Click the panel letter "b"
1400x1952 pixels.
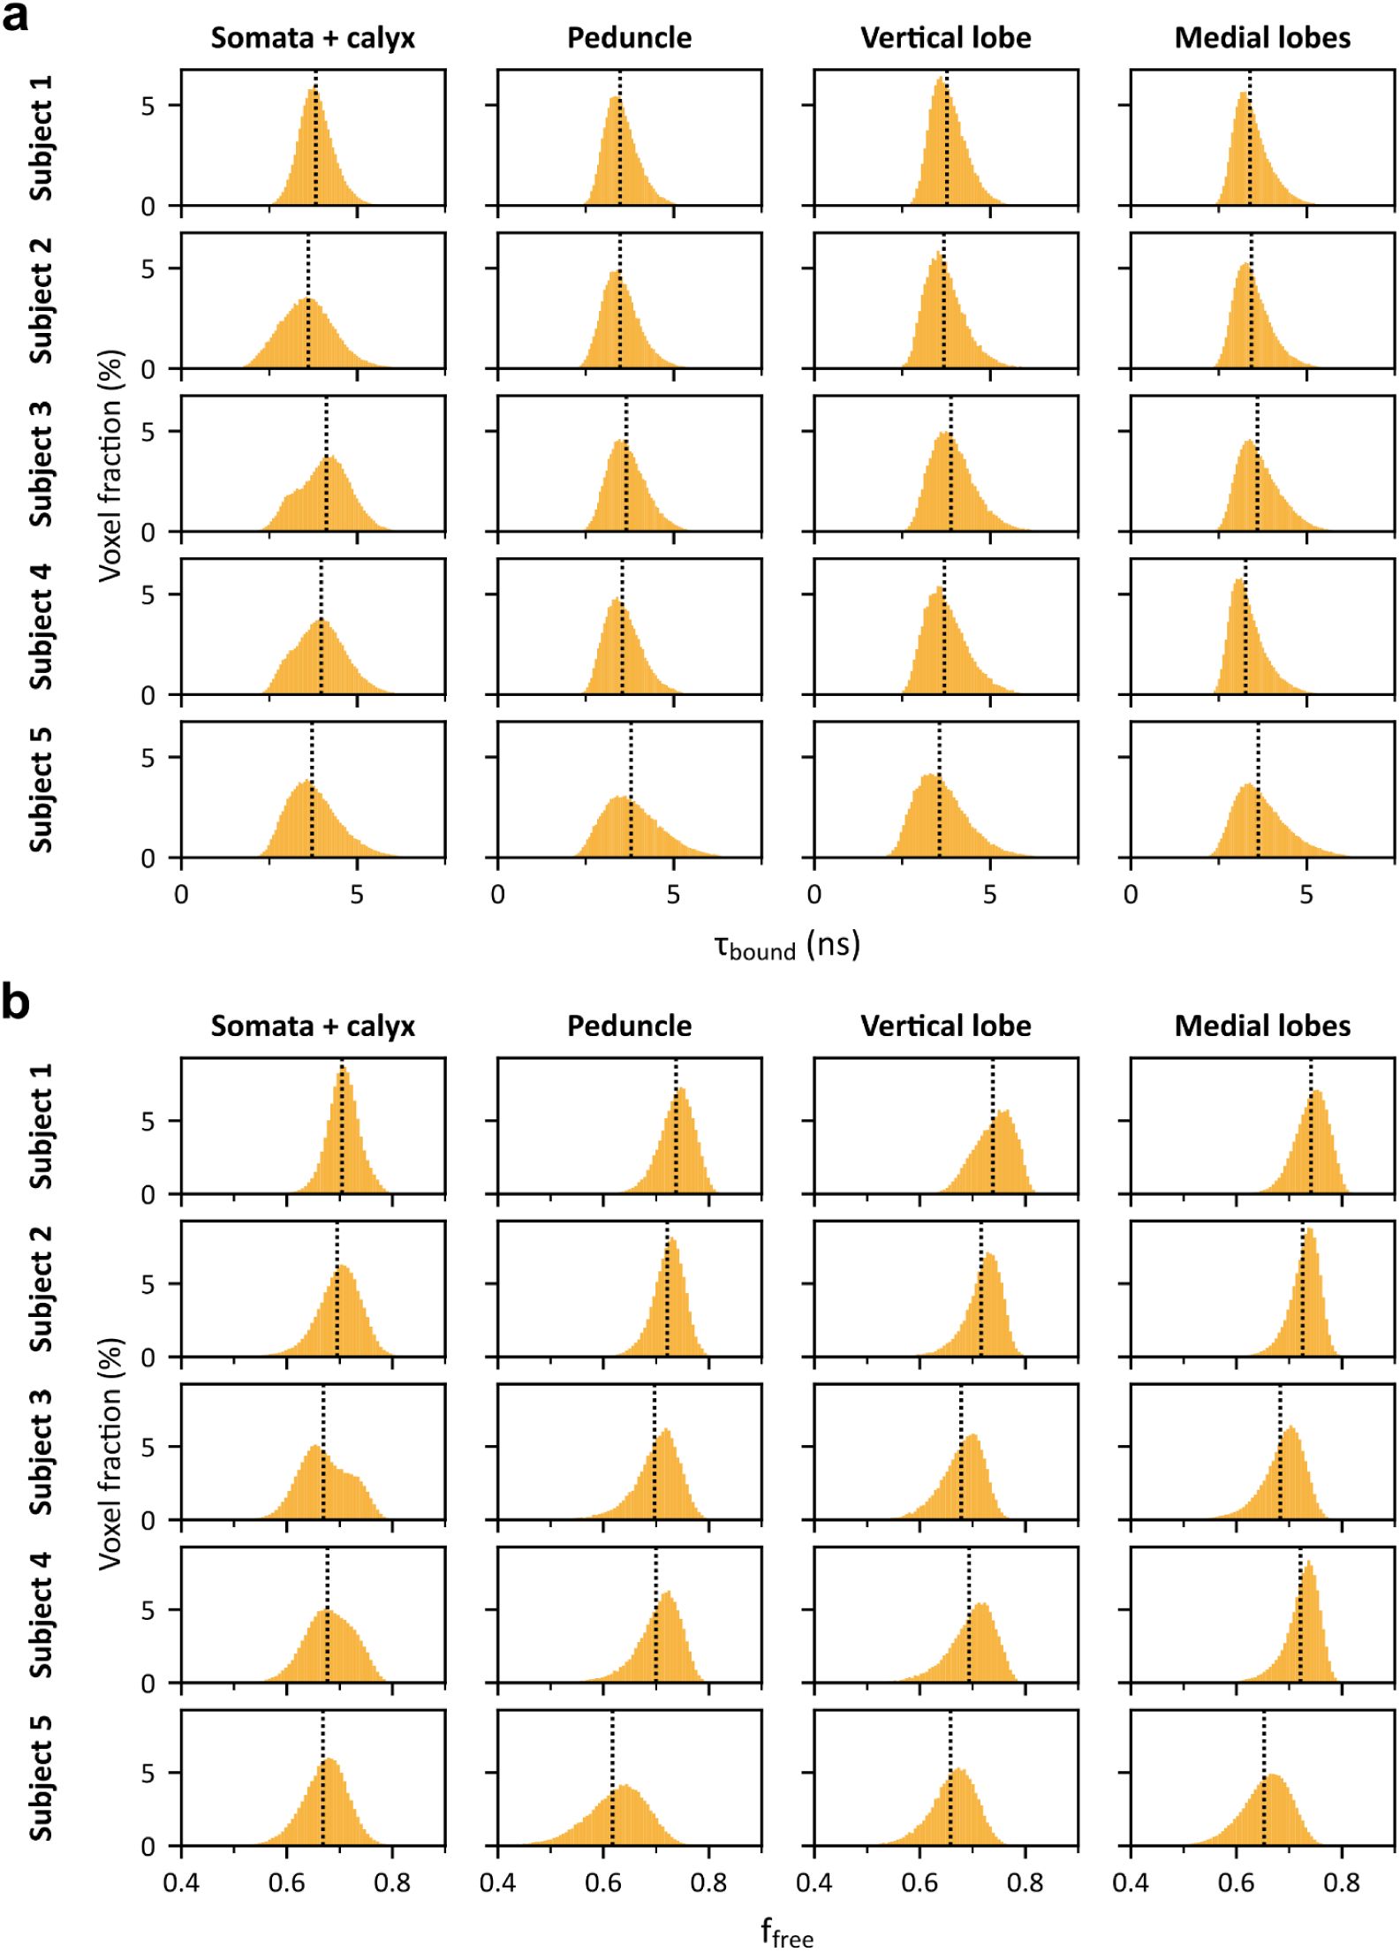click(16, 1002)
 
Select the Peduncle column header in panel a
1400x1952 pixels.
click(629, 38)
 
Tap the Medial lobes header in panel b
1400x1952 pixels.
click(1262, 1025)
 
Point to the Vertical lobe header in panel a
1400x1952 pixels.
click(945, 38)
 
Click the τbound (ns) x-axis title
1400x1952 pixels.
click(786, 946)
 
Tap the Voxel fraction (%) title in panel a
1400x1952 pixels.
click(110, 465)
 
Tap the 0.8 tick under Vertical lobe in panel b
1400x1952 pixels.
click(1025, 1882)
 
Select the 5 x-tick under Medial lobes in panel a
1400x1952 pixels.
click(1305, 895)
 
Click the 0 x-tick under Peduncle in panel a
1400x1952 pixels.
click(498, 895)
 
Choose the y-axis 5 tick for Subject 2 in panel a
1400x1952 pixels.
click(148, 269)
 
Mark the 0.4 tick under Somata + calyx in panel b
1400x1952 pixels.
click(181, 1882)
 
